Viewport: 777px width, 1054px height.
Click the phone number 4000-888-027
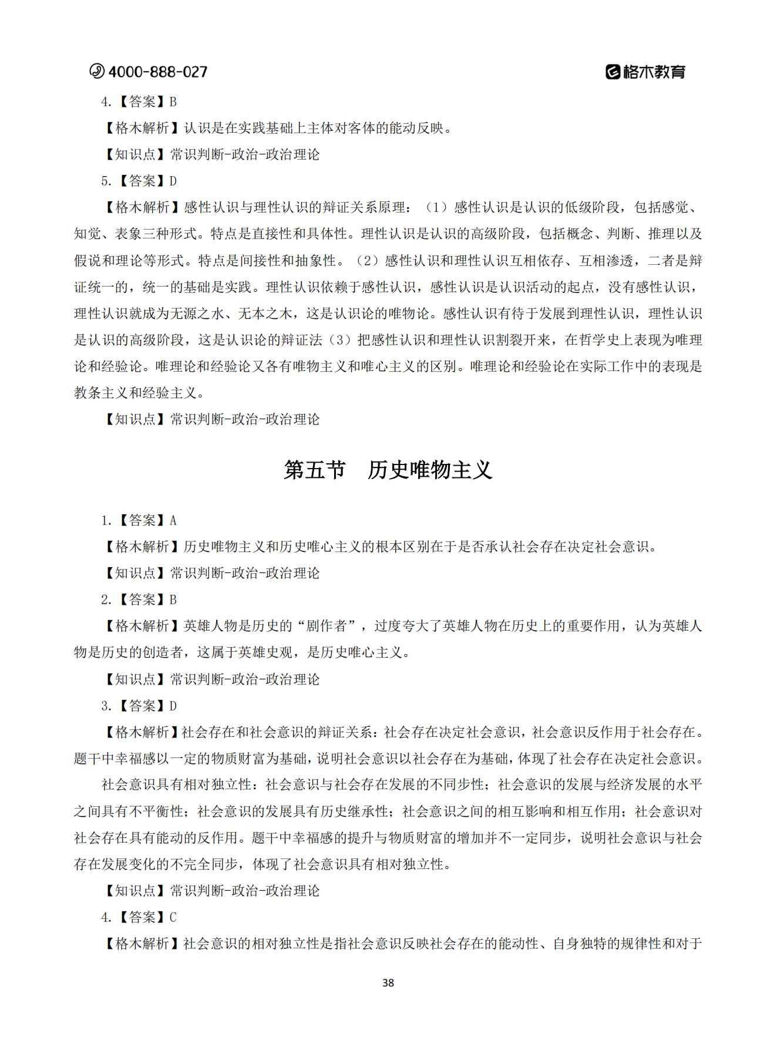(x=157, y=72)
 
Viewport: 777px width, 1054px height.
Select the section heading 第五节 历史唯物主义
(x=388, y=470)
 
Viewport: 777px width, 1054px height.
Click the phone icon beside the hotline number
(x=96, y=72)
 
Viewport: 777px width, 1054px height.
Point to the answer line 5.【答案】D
(x=139, y=181)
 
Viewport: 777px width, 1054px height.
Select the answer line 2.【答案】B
(x=139, y=600)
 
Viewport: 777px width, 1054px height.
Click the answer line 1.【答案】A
(x=139, y=520)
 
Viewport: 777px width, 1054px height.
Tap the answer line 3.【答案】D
(x=139, y=706)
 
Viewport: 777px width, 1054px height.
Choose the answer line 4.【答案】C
(x=139, y=917)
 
